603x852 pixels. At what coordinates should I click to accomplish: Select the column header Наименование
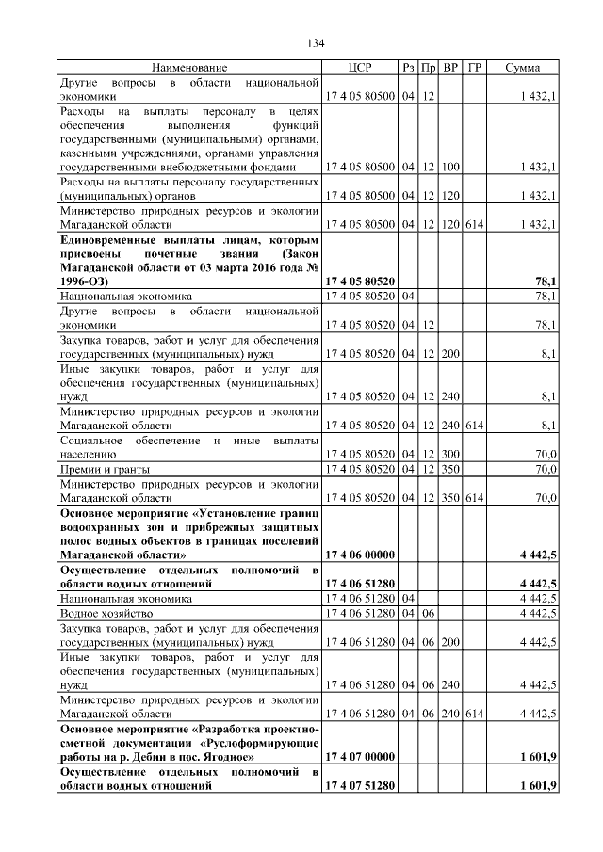(x=190, y=69)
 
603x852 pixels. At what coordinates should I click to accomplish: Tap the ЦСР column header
(x=360, y=69)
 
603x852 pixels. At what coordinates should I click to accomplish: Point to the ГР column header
(x=474, y=69)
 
